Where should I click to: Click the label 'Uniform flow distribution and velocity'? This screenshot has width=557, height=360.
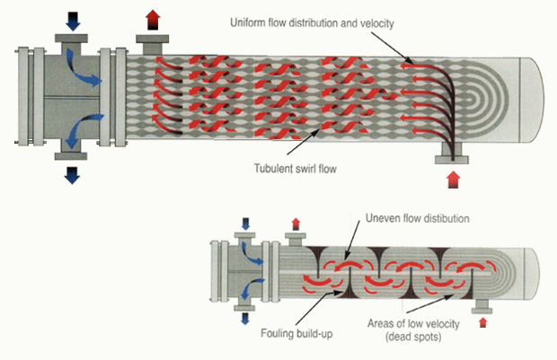(312, 23)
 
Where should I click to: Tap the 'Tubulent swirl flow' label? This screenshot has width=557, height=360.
(296, 168)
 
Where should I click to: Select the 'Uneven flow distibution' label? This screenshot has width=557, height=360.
(418, 218)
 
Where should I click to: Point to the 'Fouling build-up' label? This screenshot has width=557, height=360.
(296, 333)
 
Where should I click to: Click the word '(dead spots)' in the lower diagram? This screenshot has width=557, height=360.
(413, 337)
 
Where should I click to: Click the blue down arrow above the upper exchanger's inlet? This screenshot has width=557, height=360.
(73, 22)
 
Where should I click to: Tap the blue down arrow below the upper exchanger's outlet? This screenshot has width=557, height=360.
(72, 175)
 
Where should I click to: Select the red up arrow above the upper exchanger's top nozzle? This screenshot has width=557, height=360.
(153, 20)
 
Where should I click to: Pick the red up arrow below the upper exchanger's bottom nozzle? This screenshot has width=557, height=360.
(454, 180)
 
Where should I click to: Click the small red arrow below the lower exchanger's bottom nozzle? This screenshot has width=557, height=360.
(482, 322)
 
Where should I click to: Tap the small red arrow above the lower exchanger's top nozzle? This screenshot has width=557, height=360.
(296, 224)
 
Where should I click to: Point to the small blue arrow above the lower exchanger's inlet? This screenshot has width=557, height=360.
(245, 224)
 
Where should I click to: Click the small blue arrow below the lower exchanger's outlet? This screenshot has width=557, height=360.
(244, 319)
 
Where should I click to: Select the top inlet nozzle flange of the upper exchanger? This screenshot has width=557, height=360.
(71, 39)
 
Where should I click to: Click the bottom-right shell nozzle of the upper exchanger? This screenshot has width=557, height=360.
(452, 153)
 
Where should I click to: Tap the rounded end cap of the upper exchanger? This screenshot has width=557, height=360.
(532, 100)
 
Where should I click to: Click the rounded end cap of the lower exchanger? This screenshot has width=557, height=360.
(532, 274)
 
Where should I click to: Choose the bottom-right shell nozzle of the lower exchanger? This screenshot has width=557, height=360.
(482, 306)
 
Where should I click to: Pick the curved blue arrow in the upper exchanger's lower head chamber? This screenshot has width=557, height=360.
(84, 129)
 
